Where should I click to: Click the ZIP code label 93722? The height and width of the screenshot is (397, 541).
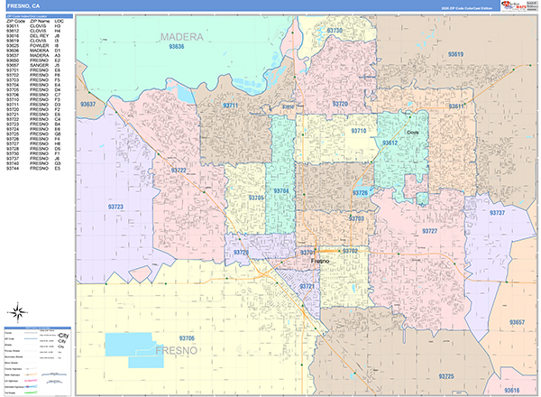pyautogui.click(x=178, y=170)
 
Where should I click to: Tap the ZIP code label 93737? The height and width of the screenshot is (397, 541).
pyautogui.click(x=497, y=213)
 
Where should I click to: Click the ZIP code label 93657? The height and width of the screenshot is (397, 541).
pyautogui.click(x=516, y=322)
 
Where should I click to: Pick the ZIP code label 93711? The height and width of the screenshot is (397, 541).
pyautogui.click(x=232, y=106)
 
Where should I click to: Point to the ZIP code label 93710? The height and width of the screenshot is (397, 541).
pyautogui.click(x=359, y=132)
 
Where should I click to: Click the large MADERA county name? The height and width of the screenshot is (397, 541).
pyautogui.click(x=181, y=36)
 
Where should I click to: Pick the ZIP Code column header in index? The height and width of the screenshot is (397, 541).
pyautogui.click(x=14, y=20)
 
